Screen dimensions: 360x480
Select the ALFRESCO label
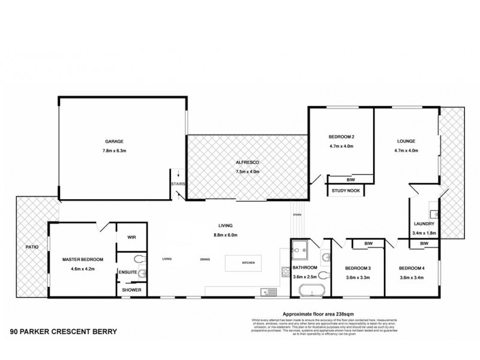point(247,162)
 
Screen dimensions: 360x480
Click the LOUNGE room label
point(406,142)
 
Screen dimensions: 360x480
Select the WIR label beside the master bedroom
point(132,238)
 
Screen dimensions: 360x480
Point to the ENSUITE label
point(128,272)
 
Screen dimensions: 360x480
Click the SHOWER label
point(131,289)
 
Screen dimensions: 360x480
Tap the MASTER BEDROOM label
point(83,259)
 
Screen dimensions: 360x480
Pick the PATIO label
point(32,246)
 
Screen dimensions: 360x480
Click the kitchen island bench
point(245,262)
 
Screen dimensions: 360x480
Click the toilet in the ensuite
point(139,259)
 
